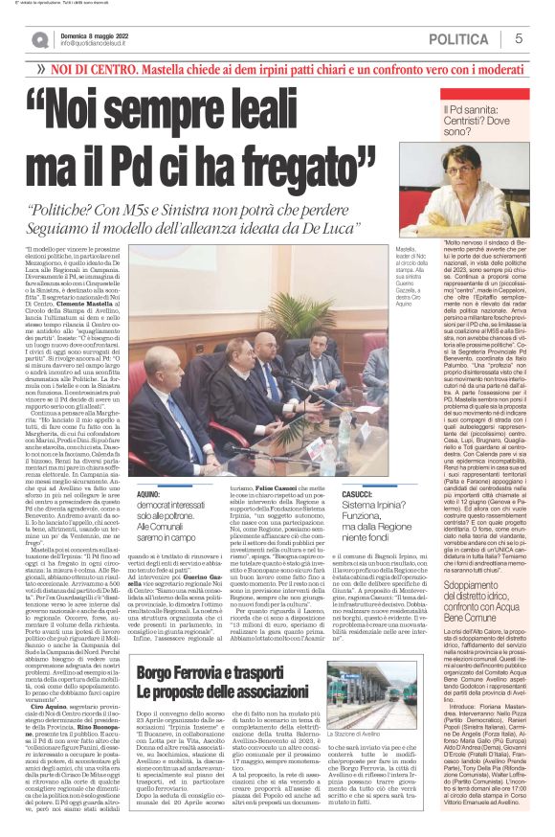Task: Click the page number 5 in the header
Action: coord(518,38)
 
